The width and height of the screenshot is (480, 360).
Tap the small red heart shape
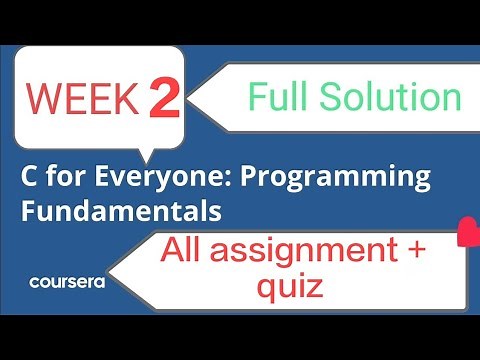click(467, 235)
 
